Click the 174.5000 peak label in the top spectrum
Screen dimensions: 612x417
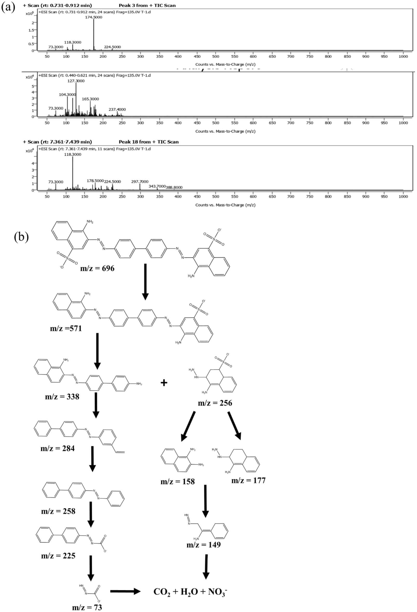(93, 17)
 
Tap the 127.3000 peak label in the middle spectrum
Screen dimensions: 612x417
(76, 81)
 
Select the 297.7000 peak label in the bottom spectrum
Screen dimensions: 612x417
(140, 182)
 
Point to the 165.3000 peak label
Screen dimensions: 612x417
(91, 99)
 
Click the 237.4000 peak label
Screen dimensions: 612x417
(117, 110)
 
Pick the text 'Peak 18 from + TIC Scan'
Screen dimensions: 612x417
(148, 142)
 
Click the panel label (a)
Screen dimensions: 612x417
(8, 7)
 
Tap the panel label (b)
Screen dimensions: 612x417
(21, 237)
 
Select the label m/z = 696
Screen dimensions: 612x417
(97, 269)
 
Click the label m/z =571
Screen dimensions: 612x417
(66, 328)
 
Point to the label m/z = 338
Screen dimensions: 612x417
(62, 397)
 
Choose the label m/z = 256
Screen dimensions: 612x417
(215, 403)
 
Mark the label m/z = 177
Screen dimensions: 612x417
(248, 481)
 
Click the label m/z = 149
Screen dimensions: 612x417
(204, 545)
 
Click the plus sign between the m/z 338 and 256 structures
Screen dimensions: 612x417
(164, 383)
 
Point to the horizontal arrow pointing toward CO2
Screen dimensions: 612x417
(125, 592)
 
